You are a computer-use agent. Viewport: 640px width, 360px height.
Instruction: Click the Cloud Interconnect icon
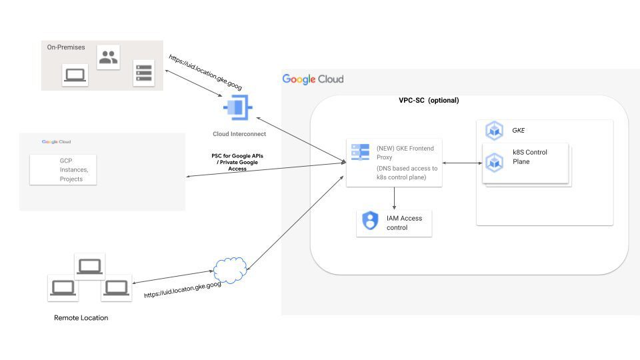237,107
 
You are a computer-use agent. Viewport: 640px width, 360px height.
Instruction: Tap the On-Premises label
65,47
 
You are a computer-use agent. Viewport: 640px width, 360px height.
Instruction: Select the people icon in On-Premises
108,57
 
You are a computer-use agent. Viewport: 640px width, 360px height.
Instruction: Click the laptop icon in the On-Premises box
75,75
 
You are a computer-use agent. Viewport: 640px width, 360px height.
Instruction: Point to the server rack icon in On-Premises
143,72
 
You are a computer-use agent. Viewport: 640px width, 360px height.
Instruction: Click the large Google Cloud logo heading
313,79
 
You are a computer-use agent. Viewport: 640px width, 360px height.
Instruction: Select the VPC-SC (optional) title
429,101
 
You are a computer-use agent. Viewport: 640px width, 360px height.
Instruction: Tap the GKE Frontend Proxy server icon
360,153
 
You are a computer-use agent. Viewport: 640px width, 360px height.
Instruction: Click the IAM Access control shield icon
369,221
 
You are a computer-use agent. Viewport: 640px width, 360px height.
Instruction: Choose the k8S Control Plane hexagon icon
494,161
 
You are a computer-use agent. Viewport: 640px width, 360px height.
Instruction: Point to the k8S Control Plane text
530,157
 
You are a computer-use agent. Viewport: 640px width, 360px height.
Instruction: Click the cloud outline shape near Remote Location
230,270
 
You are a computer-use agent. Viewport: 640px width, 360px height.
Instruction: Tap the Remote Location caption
81,318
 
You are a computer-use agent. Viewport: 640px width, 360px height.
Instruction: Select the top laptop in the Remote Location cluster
89,266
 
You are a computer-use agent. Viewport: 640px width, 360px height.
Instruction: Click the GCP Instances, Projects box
63,170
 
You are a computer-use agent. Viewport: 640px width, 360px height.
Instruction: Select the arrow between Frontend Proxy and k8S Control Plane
461,163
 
